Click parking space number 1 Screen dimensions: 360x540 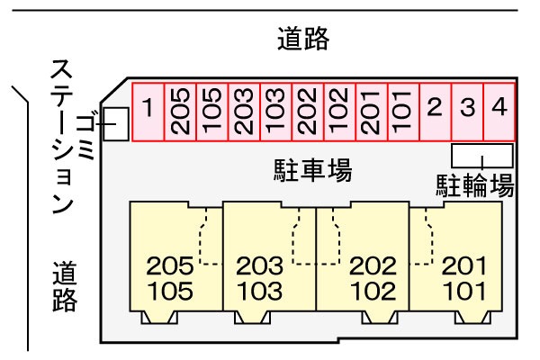(148, 112)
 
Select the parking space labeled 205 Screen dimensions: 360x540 (180, 112)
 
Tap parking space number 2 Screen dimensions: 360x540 (435, 112)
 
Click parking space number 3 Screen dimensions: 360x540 (467, 112)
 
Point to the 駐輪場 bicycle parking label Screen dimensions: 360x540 (474, 185)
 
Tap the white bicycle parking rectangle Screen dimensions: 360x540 (481, 154)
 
